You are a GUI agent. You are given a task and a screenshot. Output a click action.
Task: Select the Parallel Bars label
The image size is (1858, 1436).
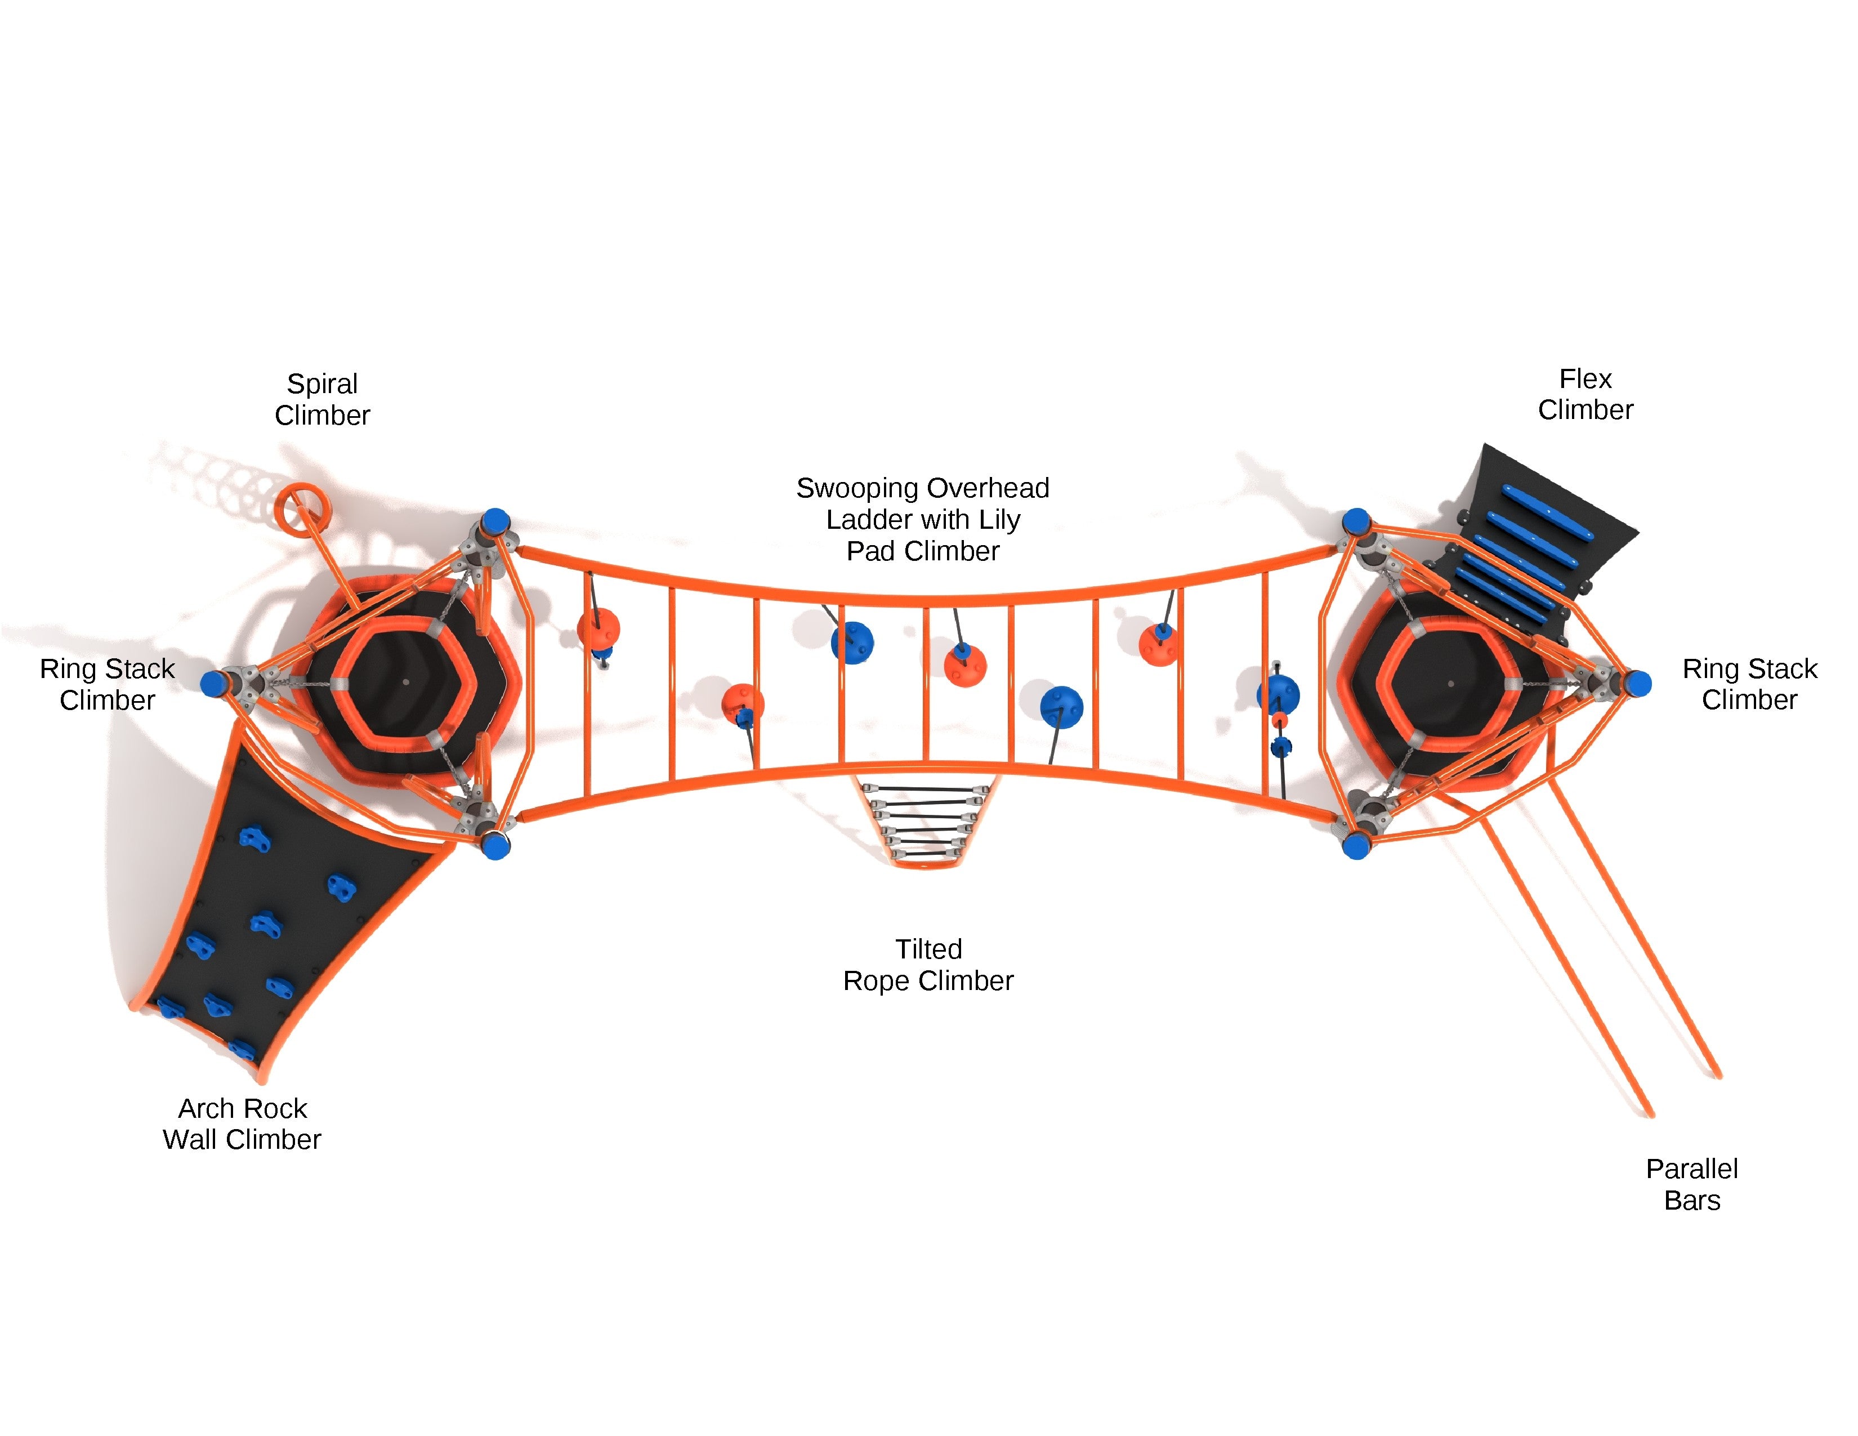coord(1691,1184)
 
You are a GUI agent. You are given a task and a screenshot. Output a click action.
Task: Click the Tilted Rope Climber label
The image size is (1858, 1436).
coord(928,965)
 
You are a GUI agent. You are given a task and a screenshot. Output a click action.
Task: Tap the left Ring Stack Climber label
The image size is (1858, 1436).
coord(107,684)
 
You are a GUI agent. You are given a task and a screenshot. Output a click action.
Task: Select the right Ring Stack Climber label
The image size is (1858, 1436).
coord(1749,684)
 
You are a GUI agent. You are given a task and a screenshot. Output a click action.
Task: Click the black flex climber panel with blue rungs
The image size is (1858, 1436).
coord(1531,545)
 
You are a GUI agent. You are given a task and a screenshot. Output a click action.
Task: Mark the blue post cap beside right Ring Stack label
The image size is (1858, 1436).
coord(1638,683)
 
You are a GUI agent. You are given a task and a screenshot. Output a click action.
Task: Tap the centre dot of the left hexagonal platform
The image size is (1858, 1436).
coord(406,681)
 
